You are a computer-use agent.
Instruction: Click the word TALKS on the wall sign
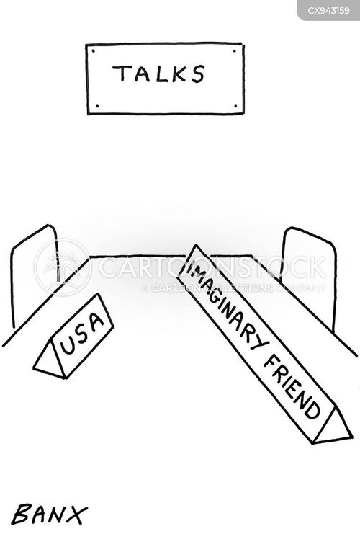[x=158, y=74]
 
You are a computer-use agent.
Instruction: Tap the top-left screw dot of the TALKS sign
[x=94, y=51]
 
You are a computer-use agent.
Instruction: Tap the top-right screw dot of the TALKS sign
[x=235, y=51]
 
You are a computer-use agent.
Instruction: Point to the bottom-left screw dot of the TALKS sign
[x=96, y=106]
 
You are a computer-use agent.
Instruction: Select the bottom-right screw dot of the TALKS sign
[x=235, y=106]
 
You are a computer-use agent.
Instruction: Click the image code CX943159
[x=328, y=10]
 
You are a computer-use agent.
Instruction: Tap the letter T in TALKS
[x=122, y=74]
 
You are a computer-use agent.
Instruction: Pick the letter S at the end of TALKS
[x=197, y=74]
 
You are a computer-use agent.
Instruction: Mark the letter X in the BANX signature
[x=75, y=515]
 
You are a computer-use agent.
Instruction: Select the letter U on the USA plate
[x=68, y=344]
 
